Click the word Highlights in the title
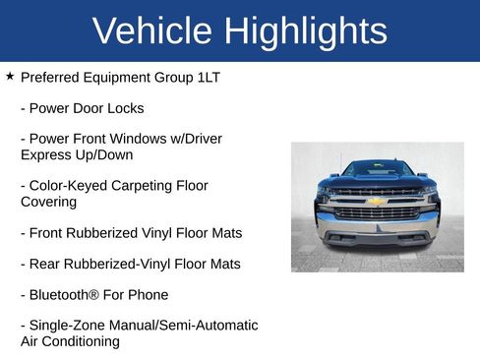click(304, 31)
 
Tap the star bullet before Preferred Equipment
click(10, 76)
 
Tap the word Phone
click(148, 294)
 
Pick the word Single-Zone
click(68, 326)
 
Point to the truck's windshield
click(377, 169)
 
